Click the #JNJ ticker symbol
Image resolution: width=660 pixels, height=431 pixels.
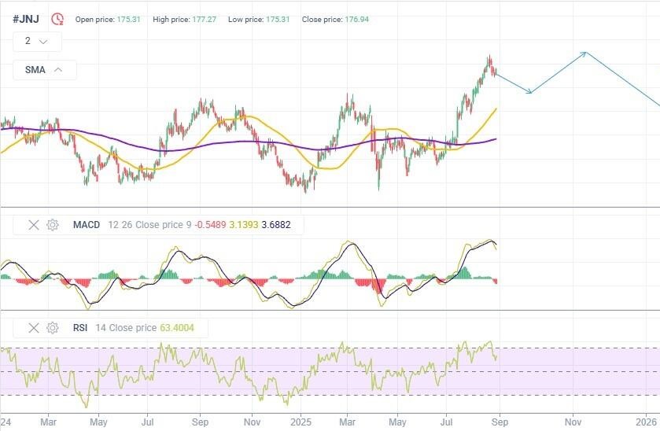click(26, 19)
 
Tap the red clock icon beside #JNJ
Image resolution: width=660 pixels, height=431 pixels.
click(57, 19)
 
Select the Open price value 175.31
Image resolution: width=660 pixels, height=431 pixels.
click(128, 20)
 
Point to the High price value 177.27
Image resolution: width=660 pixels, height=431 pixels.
click(205, 20)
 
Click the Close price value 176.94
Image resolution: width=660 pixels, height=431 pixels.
click(356, 20)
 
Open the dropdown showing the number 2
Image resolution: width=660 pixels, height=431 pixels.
click(37, 41)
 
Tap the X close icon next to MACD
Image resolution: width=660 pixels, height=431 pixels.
click(34, 225)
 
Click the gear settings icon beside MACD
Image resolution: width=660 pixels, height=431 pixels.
click(53, 225)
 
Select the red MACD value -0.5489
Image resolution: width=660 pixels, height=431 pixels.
click(210, 225)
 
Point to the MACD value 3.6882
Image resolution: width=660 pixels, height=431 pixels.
click(275, 225)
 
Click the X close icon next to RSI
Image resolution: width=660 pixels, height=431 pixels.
click(34, 328)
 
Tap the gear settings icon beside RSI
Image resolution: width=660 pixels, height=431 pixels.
click(53, 328)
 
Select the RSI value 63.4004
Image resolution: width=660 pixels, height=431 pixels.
click(177, 328)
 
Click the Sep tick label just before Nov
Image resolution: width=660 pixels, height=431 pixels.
click(500, 422)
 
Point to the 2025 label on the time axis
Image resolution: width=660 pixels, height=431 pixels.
click(301, 422)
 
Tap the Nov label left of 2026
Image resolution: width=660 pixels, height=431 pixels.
click(573, 422)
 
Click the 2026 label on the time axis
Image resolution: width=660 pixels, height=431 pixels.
click(647, 422)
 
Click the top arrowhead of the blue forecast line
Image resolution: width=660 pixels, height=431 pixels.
click(585, 53)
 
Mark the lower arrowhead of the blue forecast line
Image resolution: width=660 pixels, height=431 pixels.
click(531, 92)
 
